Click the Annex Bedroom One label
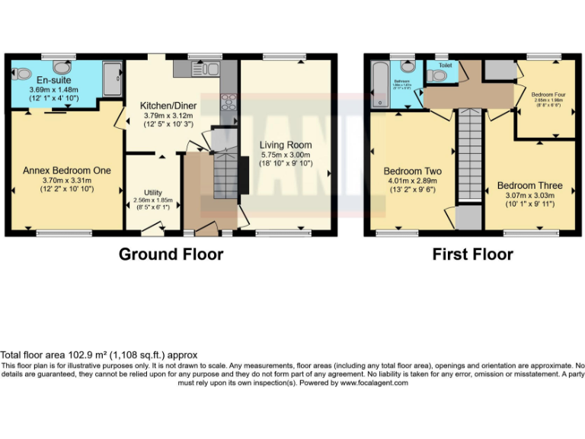point(66,170)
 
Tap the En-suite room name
point(49,79)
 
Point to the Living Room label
point(286,145)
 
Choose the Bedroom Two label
point(412,171)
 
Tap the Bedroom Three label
point(529,185)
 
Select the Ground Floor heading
point(171,255)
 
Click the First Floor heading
point(472,255)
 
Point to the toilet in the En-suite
point(21,75)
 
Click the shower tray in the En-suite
point(111,79)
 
